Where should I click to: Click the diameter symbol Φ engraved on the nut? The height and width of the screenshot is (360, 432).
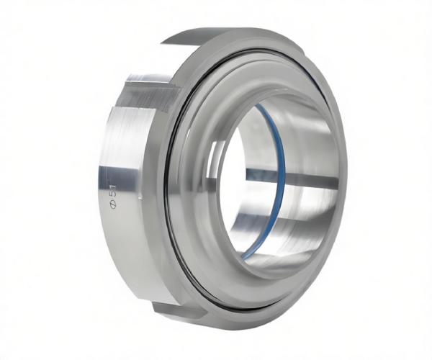pos(112,204)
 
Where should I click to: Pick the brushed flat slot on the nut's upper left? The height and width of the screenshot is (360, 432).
pos(149,91)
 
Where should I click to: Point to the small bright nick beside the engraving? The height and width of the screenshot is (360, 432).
pos(140,197)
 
